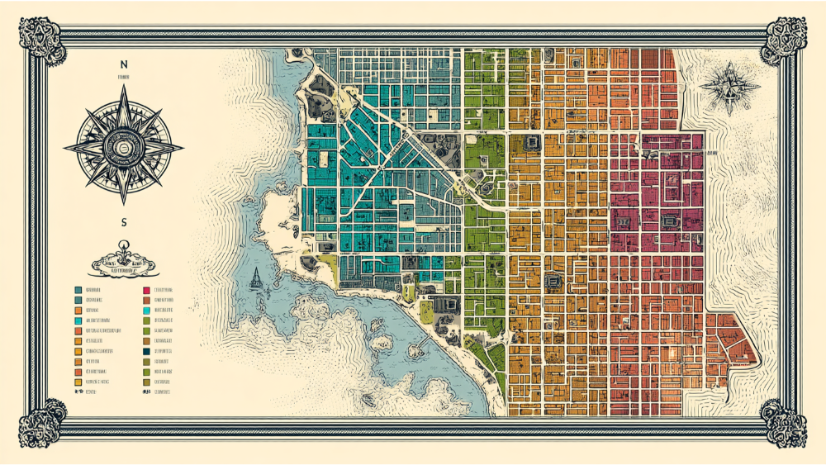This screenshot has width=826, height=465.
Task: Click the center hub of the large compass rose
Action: (x=124, y=147)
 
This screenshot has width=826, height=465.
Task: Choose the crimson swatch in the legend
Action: (x=146, y=291)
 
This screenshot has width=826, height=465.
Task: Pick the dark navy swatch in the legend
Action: (x=146, y=351)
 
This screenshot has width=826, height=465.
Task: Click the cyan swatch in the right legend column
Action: (x=146, y=311)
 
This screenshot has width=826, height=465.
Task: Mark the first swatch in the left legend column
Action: (x=78, y=291)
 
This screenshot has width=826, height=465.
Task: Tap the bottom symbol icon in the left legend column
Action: (x=78, y=392)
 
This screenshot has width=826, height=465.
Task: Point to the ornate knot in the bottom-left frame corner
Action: (x=41, y=422)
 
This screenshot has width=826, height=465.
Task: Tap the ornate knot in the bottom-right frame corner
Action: (x=784, y=422)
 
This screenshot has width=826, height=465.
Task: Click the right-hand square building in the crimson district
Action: (x=670, y=221)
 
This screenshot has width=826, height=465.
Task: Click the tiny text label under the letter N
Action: (x=124, y=77)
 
